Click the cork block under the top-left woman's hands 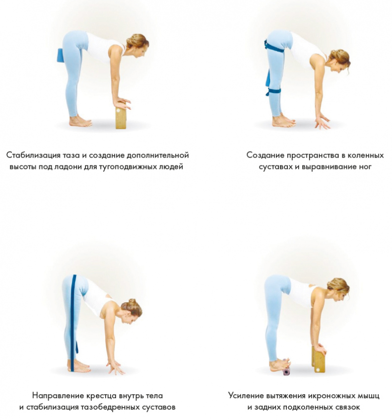pos(121,117)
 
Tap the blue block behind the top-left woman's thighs pos(60,56)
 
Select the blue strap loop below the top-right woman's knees pos(273,91)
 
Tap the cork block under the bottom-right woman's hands pos(317,359)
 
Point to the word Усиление pos(246,396)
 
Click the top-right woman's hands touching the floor pos(323,122)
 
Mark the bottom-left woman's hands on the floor pos(115,367)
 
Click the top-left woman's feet pos(80,121)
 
